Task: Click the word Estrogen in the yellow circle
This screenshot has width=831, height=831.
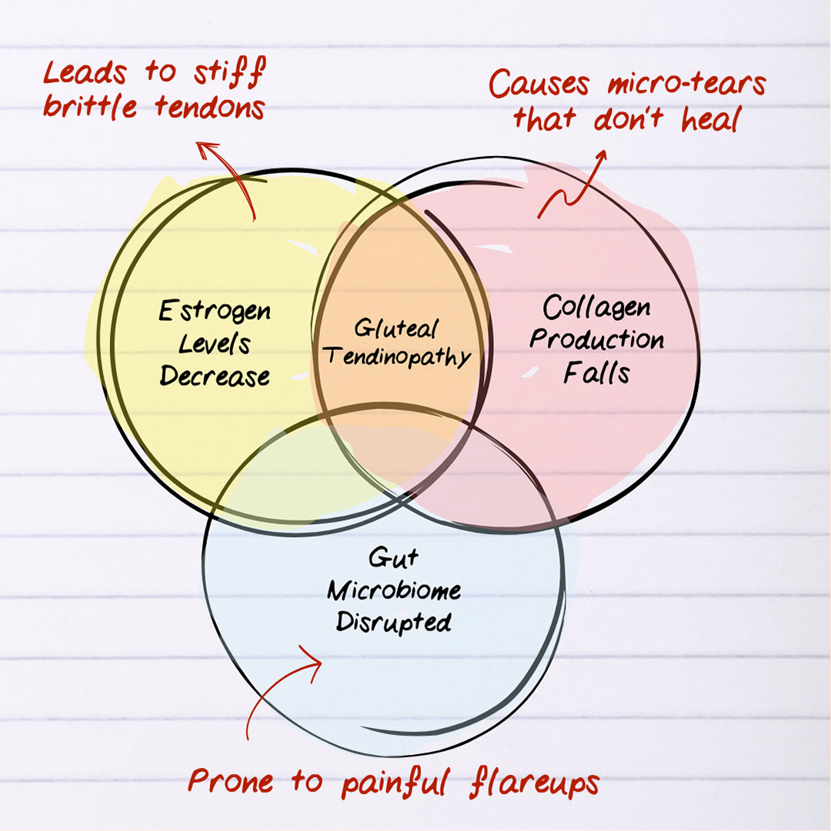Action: click(215, 311)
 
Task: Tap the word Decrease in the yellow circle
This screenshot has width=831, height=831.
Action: click(215, 375)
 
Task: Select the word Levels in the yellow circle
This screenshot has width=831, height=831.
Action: click(214, 344)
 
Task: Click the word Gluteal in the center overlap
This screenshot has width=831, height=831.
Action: click(396, 328)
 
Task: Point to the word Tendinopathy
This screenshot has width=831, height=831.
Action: click(398, 356)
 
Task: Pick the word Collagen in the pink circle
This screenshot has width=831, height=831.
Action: click(597, 307)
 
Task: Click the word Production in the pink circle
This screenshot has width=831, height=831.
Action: click(597, 339)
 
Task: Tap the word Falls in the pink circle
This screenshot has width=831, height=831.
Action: click(596, 372)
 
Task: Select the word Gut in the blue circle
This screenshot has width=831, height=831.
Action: click(393, 558)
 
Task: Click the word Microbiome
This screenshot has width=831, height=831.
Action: click(394, 590)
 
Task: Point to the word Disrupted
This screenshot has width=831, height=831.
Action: click(394, 622)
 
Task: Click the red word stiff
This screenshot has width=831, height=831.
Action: click(229, 72)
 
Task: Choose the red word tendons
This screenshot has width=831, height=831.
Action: click(210, 107)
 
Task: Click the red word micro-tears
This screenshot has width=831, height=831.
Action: click(687, 84)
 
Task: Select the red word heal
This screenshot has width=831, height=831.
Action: click(710, 119)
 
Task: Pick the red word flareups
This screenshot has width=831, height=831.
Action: click(534, 783)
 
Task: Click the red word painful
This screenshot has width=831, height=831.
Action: click(395, 783)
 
